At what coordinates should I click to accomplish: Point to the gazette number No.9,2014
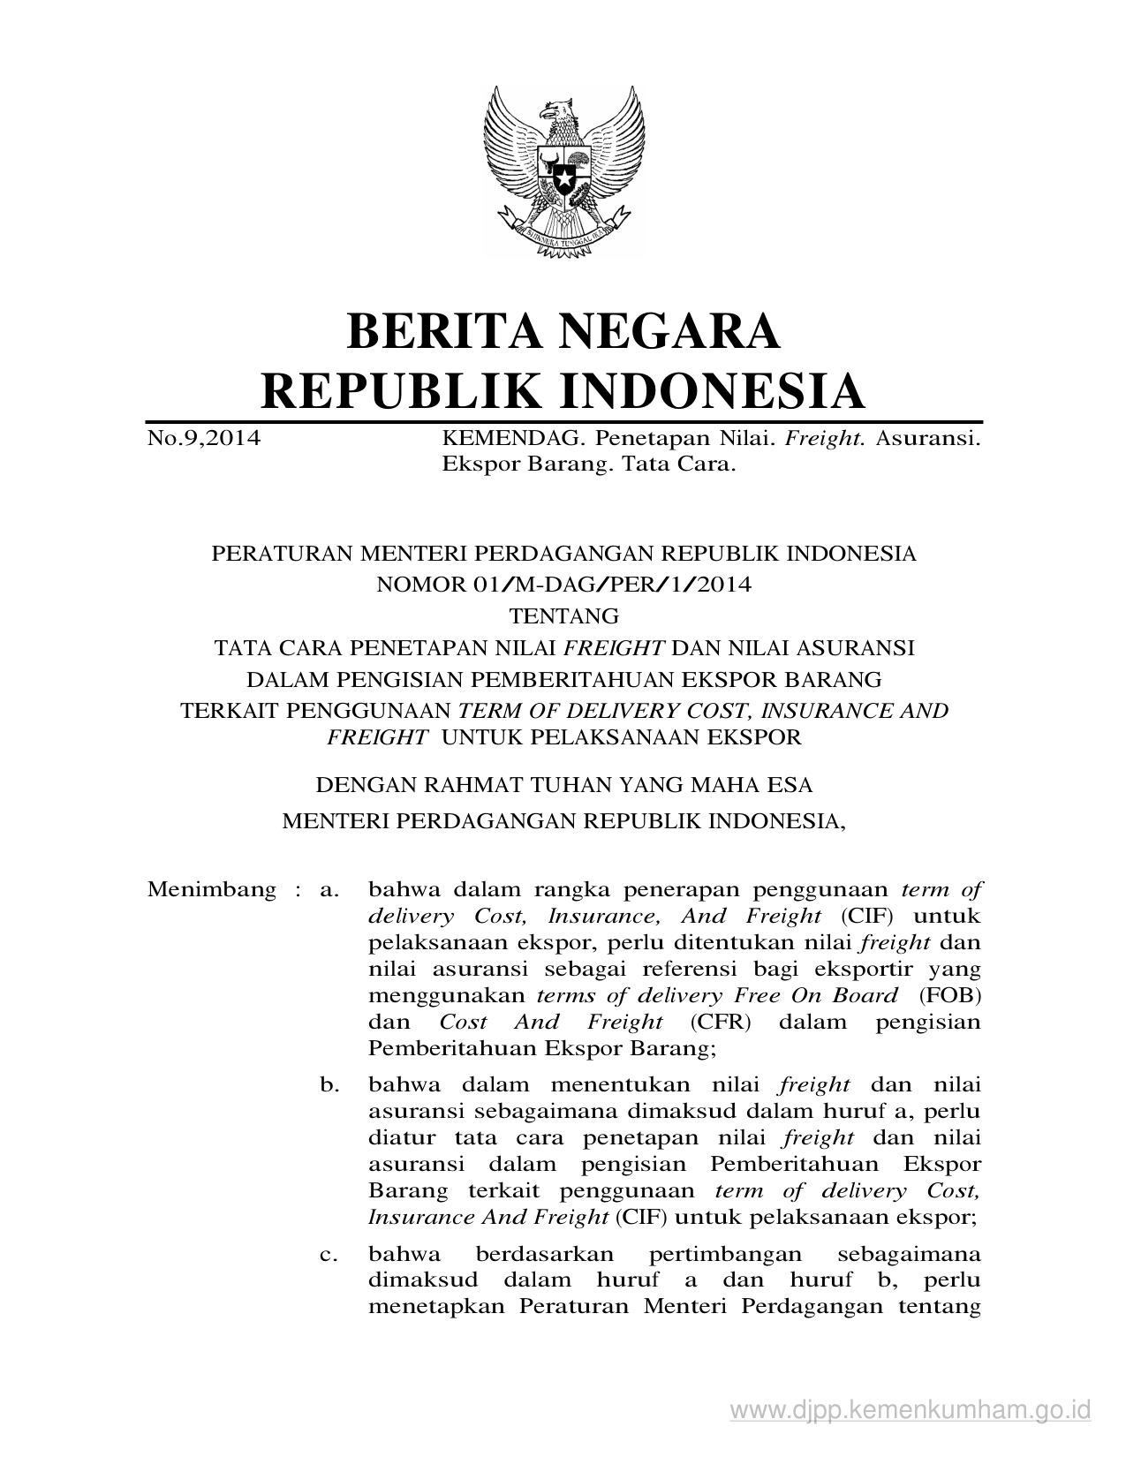(x=204, y=438)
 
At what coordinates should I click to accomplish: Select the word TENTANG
(x=563, y=615)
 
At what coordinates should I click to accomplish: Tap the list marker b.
(x=330, y=1084)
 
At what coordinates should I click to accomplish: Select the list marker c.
(x=330, y=1254)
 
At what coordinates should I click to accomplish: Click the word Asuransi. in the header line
(x=927, y=438)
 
